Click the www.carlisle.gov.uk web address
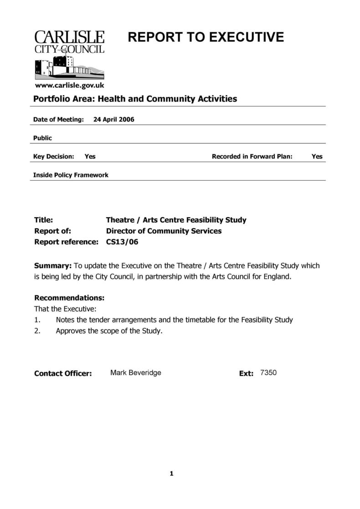tap(69, 85)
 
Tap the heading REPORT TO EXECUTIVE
tap(206, 37)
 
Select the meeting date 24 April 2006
tap(113, 120)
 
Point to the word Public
tap(43, 138)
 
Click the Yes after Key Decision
tap(90, 156)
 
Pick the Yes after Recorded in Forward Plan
tap(317, 156)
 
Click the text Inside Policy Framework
tap(71, 175)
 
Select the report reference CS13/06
tap(122, 242)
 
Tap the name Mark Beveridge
tap(136, 373)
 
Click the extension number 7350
tap(268, 373)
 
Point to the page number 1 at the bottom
tap(172, 473)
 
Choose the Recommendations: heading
tap(69, 298)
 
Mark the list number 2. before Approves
tap(38, 331)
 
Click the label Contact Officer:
tap(63, 373)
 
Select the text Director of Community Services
tap(164, 231)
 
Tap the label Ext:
tap(246, 373)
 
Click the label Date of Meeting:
tap(58, 120)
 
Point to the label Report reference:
tap(66, 242)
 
